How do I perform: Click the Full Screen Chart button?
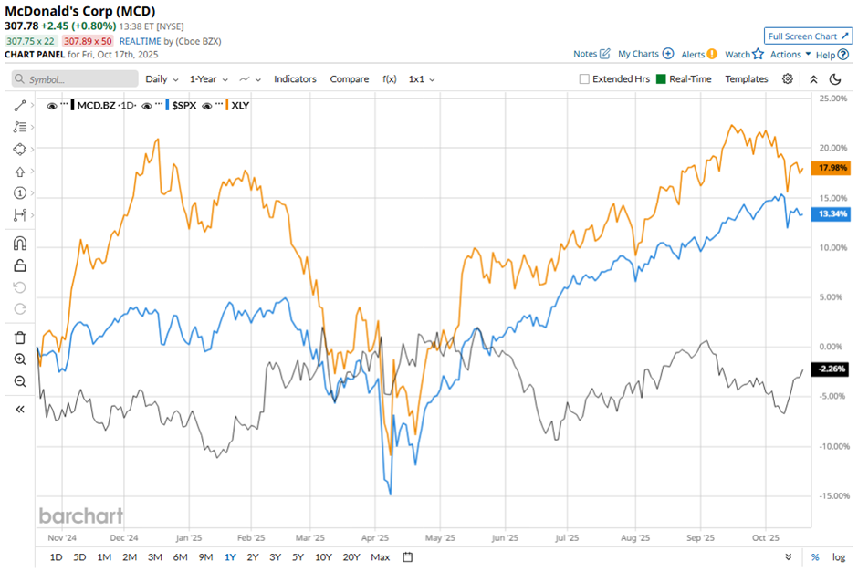tap(808, 36)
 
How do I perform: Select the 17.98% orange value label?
tap(832, 168)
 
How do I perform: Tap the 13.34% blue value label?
tap(832, 214)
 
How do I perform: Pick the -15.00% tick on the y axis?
tap(830, 496)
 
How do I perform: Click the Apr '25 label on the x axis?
tap(377, 538)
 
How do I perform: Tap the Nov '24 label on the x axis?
tap(60, 538)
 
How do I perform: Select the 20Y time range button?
tap(351, 557)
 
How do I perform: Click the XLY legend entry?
tap(240, 106)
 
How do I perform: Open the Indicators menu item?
tap(295, 79)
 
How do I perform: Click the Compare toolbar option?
tap(350, 79)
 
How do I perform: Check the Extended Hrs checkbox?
tap(584, 79)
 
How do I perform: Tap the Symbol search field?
tap(75, 79)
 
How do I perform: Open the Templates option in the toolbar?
tap(747, 79)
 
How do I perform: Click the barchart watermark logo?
tap(80, 515)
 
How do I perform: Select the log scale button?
tap(838, 557)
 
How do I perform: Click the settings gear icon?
tap(788, 79)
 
